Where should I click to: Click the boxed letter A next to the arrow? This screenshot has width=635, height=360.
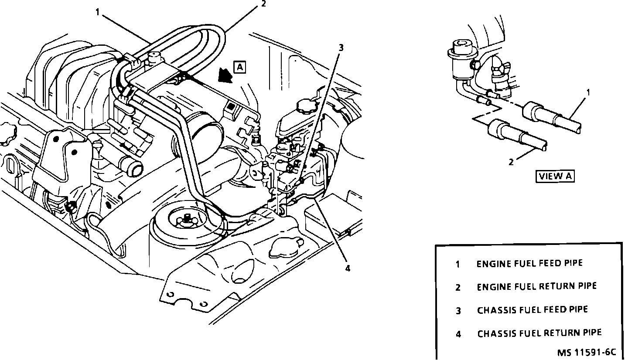[x=240, y=67]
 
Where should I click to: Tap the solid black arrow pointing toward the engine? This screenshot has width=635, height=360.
[x=225, y=75]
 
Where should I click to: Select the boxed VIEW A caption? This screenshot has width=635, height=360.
[x=555, y=176]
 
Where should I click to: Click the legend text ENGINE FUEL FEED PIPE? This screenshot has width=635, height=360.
[x=529, y=263]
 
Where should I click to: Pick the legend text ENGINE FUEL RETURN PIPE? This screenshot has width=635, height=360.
[x=536, y=286]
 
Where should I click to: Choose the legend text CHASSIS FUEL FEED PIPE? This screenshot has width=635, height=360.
[x=532, y=310]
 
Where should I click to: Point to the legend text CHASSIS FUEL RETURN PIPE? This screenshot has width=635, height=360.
[x=539, y=333]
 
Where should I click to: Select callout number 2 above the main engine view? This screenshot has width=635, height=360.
[x=263, y=4]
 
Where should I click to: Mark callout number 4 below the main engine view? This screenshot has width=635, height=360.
[x=348, y=268]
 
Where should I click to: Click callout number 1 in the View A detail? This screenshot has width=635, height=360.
[x=588, y=92]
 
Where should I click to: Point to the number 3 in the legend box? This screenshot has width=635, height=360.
[x=458, y=310]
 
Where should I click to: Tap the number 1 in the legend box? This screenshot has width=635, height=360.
[x=457, y=264]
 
